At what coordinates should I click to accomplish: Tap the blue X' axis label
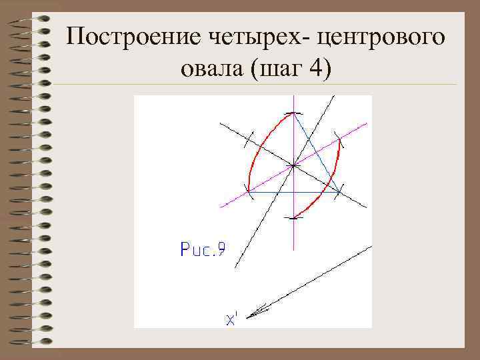[231, 319]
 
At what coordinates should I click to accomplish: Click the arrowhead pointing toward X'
[259, 310]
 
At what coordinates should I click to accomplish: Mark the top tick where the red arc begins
[293, 113]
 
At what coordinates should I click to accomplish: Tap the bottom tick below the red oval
[293, 217]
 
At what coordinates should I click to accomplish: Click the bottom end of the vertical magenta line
[293, 249]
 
